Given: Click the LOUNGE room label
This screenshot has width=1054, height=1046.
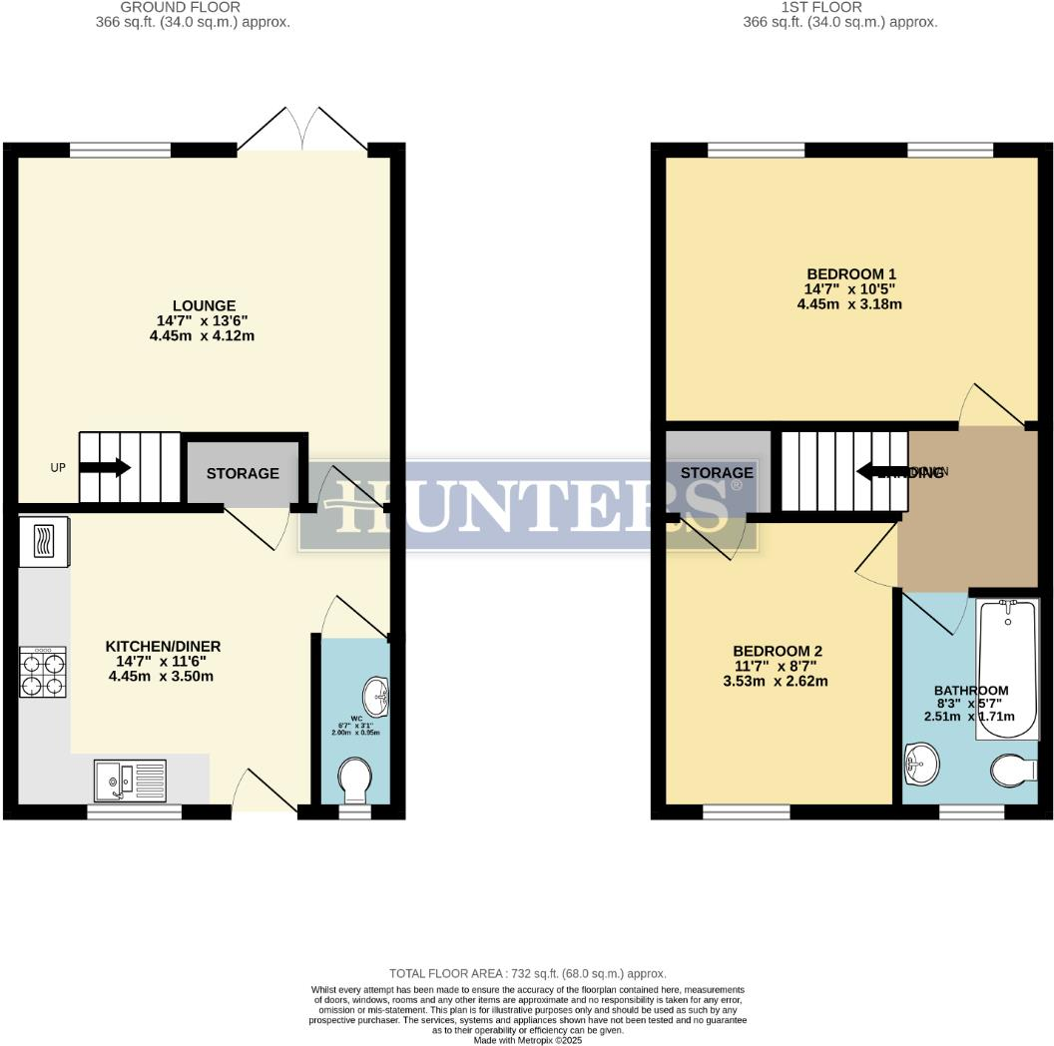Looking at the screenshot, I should coord(204,305).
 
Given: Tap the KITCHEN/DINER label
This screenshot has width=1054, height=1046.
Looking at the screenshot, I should coord(164,647).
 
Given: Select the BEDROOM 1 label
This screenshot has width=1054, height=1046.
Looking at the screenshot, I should coord(851,274).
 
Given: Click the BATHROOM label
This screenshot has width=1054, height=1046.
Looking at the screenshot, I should coord(971,691).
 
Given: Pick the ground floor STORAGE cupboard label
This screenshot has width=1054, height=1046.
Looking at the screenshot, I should coord(243,473).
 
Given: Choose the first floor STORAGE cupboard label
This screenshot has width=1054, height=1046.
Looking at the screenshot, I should coord(717,472).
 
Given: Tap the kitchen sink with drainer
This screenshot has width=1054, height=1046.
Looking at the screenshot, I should coord(130,780).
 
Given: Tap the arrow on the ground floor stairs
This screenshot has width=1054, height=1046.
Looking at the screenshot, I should coord(109,467).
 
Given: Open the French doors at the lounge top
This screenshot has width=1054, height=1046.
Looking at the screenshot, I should coord(302,128).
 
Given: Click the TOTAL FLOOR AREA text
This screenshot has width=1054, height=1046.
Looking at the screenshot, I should coord(527,973).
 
